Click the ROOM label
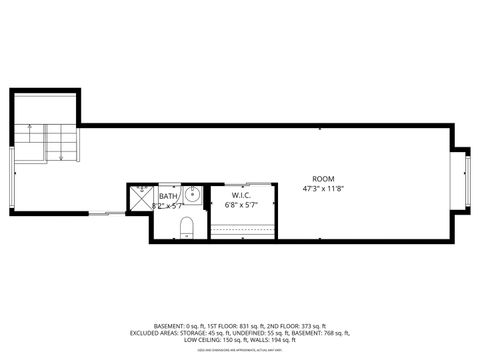[x=317, y=179]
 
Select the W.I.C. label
[x=241, y=194]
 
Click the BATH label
[x=167, y=197]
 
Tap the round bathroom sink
[x=191, y=194]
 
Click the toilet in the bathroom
[x=187, y=227]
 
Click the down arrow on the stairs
[x=63, y=152]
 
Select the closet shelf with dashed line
[x=242, y=228]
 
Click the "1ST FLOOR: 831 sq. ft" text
[x=231, y=327]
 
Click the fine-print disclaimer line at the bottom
[x=239, y=349]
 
